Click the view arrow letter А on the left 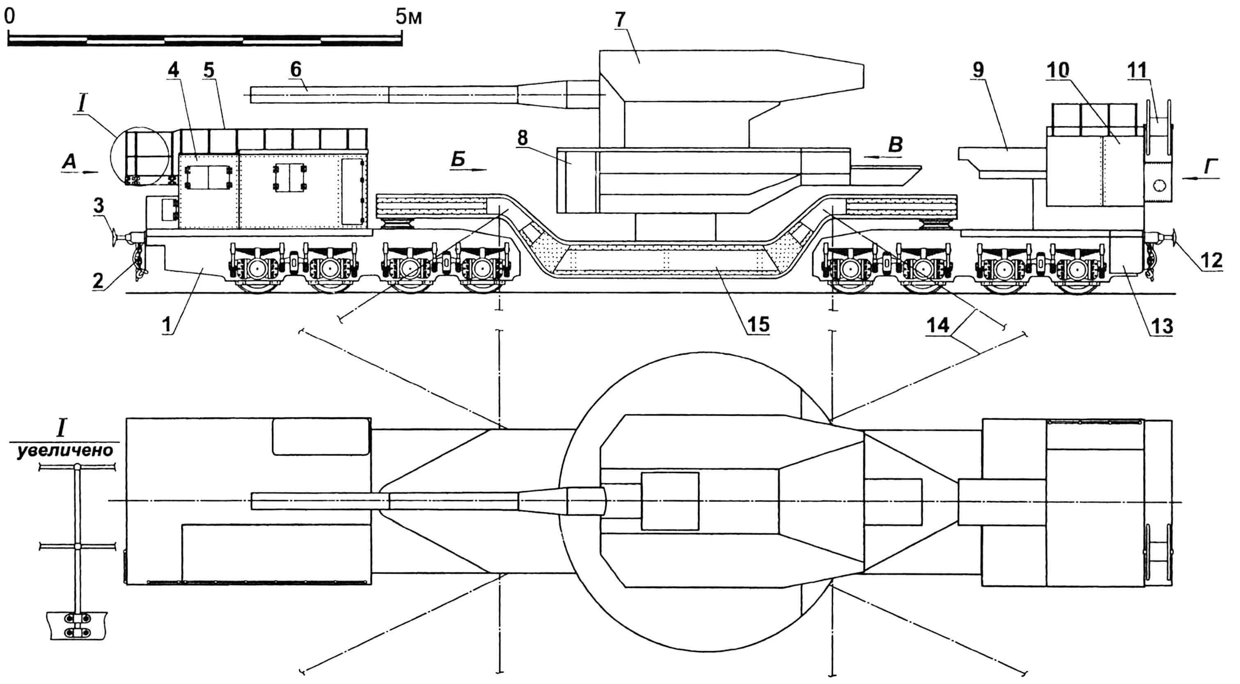coord(69,164)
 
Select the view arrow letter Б coord(458,159)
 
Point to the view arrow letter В coord(895,144)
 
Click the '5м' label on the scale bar coord(409,17)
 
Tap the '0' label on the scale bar coord(9,17)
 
